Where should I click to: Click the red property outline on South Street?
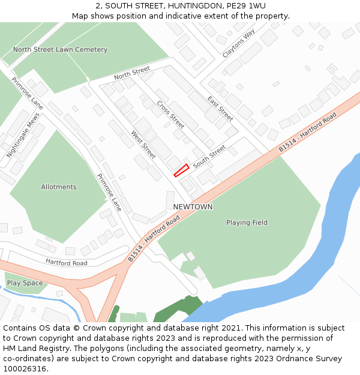pyautogui.click(x=181, y=170)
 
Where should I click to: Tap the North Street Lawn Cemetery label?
pyautogui.click(x=60, y=50)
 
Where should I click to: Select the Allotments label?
pyautogui.click(x=59, y=187)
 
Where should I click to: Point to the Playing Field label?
pyautogui.click(x=247, y=223)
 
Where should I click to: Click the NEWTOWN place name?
pyautogui.click(x=193, y=207)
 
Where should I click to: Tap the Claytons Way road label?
pyautogui.click(x=238, y=43)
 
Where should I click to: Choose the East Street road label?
pyautogui.click(x=220, y=108)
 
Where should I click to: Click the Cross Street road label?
pyautogui.click(x=170, y=115)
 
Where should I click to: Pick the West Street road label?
pyautogui.click(x=143, y=145)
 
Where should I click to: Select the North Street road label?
pyautogui.click(x=132, y=74)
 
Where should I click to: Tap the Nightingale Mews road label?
pyautogui.click(x=18, y=137)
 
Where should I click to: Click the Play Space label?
pyautogui.click(x=25, y=283)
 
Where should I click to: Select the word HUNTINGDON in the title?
pyautogui.click(x=179, y=6)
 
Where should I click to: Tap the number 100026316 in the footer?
pyautogui.click(x=25, y=369)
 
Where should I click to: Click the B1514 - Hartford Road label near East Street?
pyautogui.click(x=308, y=131)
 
